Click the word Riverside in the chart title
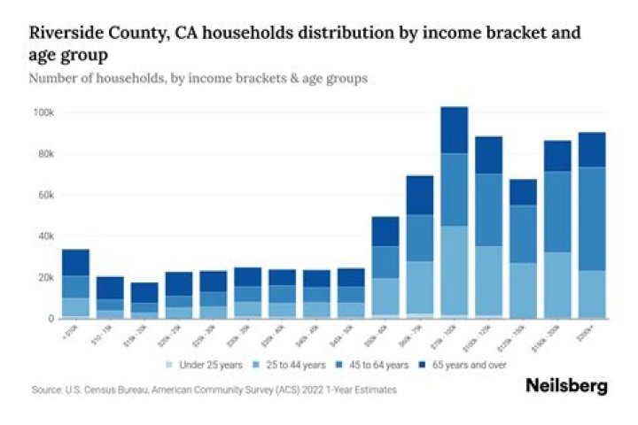click(x=64, y=35)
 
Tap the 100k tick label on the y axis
click(x=43, y=112)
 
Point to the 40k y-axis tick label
click(x=45, y=236)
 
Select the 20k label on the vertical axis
click(x=45, y=277)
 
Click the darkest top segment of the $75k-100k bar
click(x=454, y=130)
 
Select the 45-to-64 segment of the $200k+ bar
click(x=591, y=219)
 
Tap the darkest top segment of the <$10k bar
click(x=75, y=262)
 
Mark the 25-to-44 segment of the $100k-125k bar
click(x=488, y=282)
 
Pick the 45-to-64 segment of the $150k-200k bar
click(x=556, y=212)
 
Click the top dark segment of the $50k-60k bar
click(x=385, y=231)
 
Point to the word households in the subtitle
click(x=136, y=79)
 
